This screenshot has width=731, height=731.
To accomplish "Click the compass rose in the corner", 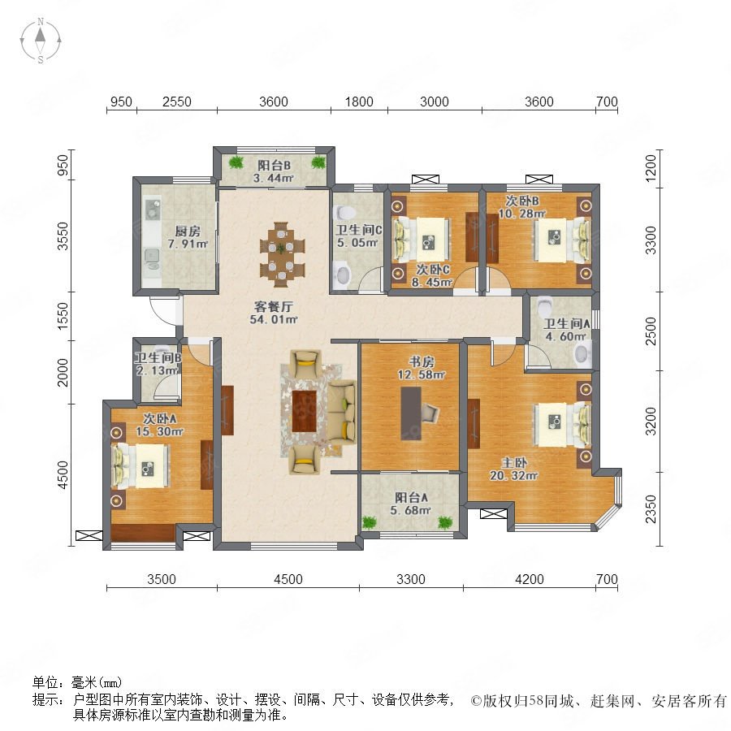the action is (x=41, y=41).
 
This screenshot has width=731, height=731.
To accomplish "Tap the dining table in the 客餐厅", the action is (x=282, y=254).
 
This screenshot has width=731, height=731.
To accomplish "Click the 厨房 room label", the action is (x=188, y=231).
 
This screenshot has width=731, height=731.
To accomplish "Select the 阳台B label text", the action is (x=275, y=166).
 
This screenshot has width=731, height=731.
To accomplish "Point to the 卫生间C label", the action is (x=359, y=230).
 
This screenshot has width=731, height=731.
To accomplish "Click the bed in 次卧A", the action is (x=141, y=466).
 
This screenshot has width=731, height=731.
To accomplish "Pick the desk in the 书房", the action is (x=411, y=413).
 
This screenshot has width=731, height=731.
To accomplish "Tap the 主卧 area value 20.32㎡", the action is (x=514, y=475).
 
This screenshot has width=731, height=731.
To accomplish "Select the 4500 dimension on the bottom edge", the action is (x=288, y=579).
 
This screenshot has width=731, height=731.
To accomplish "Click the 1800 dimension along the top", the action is (x=359, y=102).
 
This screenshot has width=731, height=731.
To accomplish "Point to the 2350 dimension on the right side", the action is (x=651, y=509).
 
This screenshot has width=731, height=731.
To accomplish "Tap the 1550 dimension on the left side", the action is (x=62, y=317).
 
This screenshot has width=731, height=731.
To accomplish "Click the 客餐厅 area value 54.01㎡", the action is (x=274, y=319).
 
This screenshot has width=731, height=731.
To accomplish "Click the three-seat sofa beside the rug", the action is (x=342, y=412).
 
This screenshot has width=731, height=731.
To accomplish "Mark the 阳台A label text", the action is (x=411, y=497).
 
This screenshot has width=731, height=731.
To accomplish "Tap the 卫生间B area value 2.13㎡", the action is (x=157, y=370).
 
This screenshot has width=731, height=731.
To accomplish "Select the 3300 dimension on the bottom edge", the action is (x=411, y=579).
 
